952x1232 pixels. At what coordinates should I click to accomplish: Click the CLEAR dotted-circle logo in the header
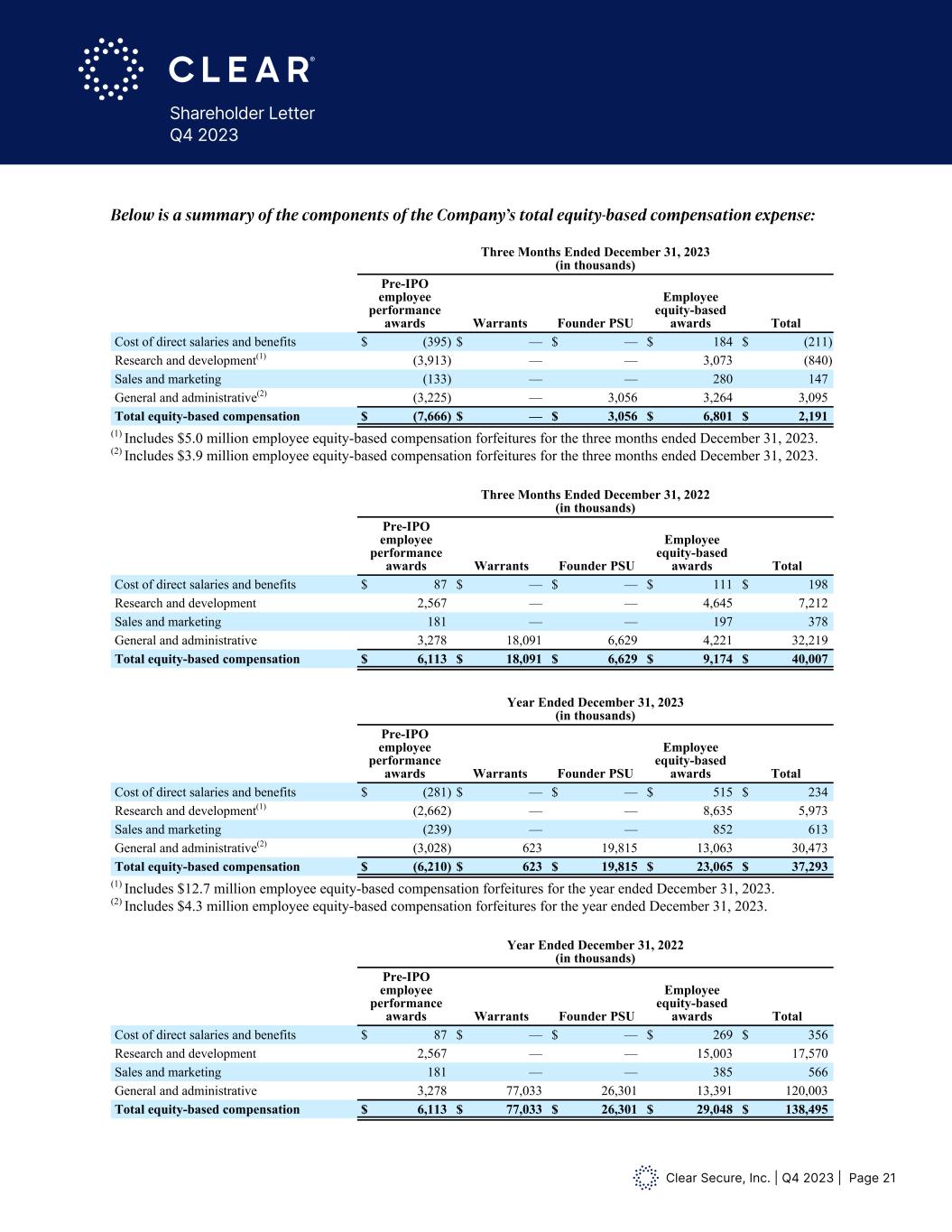tap(111, 69)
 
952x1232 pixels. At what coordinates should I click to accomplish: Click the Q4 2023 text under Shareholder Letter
tap(205, 134)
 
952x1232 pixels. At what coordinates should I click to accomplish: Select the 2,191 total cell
tap(811, 416)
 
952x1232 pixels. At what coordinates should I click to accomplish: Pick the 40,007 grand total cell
tap(808, 659)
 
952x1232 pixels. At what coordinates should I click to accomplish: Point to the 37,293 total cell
tap(808, 866)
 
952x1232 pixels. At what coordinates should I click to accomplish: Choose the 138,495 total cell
tap(804, 1109)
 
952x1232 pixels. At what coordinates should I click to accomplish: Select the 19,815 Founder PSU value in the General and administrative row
tap(618, 848)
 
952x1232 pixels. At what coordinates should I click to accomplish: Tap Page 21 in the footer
tap(873, 1178)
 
